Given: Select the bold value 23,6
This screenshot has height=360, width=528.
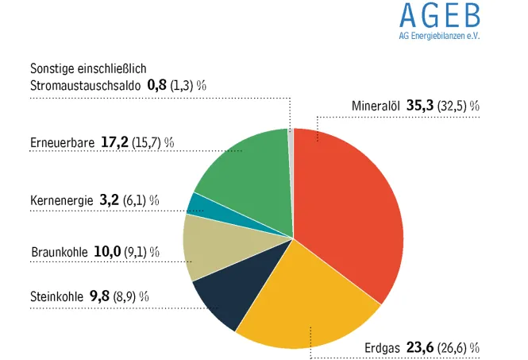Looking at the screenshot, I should (420, 347).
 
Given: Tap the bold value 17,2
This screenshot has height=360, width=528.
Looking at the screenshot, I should (115, 142).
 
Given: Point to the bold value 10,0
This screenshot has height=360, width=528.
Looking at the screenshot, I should (107, 252).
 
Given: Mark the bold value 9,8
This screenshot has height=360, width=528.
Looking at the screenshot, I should (99, 296).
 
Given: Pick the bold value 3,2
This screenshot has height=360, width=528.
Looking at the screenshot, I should (109, 199).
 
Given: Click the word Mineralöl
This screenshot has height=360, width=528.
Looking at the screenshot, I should (376, 105).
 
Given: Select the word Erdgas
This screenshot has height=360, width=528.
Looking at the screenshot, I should (382, 347).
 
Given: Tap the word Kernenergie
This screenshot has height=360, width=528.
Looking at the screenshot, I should (62, 199).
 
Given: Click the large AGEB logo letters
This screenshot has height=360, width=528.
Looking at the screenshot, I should (439, 16).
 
